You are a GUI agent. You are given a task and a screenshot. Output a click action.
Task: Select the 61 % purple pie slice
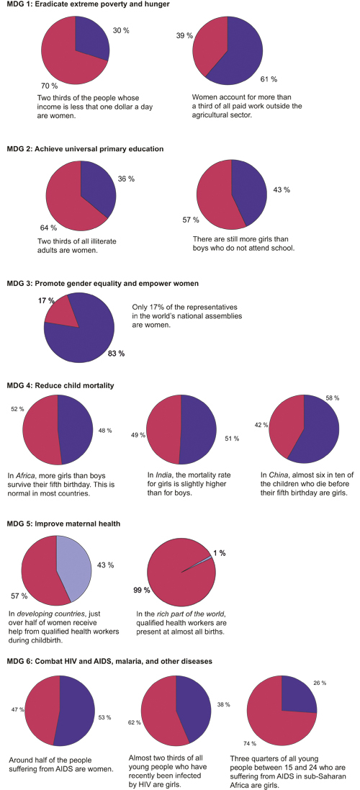click(240, 58)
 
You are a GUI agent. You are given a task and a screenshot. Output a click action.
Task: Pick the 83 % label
click(116, 354)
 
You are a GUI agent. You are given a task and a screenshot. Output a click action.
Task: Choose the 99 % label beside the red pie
click(142, 590)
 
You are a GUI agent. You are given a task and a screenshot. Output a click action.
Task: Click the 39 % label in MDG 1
click(184, 35)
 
